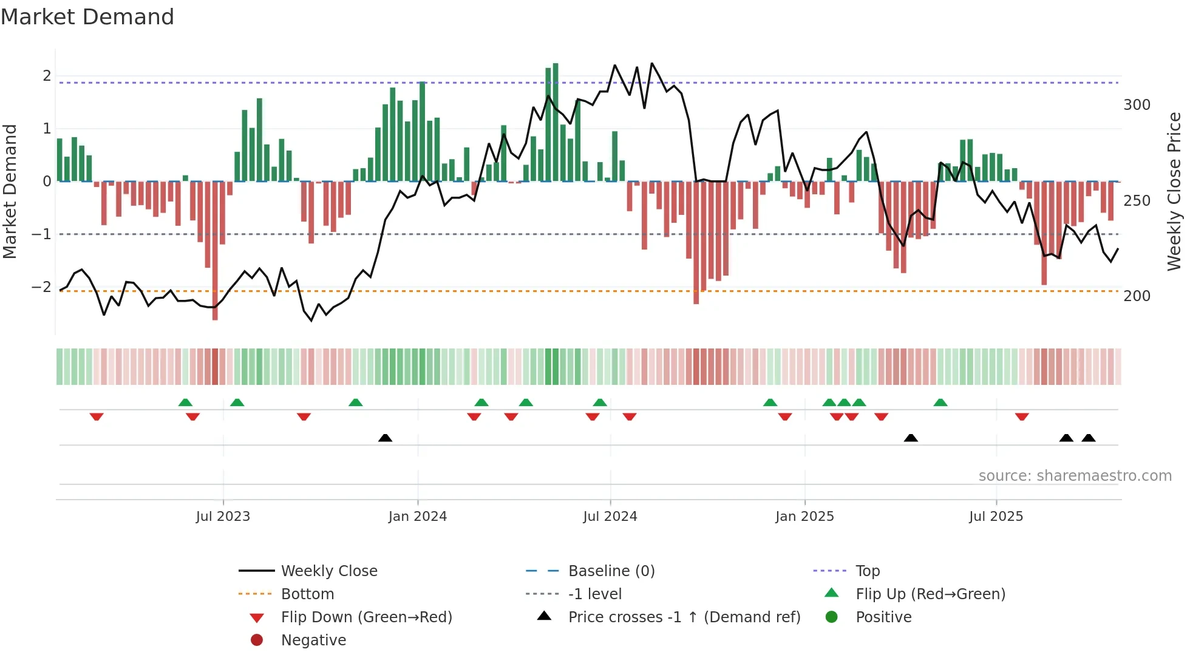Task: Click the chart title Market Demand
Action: point(87,17)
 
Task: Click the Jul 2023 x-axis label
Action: point(223,517)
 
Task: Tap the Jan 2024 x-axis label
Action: point(418,517)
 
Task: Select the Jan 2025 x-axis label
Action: point(804,517)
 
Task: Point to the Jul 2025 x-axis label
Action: point(996,517)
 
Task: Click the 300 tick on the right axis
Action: point(1137,105)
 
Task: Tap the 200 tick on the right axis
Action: point(1137,296)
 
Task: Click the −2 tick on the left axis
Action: point(41,287)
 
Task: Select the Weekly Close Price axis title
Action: point(1174,191)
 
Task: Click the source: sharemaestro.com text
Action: point(1075,476)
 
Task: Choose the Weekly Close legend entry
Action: point(328,571)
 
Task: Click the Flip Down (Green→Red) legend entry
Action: point(366,617)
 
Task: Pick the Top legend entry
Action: point(867,571)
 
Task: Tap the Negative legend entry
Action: point(313,640)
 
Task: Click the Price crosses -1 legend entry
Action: point(684,617)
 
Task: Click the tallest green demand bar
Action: point(556,121)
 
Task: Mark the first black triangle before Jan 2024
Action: point(385,438)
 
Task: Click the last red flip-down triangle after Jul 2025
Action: point(1022,416)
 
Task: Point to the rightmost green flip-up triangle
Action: point(940,402)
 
